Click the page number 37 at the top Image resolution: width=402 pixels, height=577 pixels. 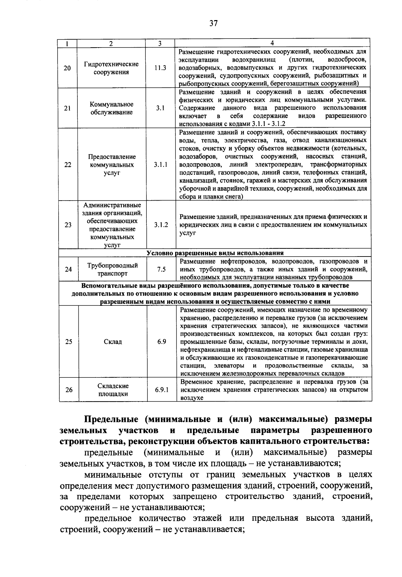pos(213,23)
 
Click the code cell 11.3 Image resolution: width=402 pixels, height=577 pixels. pos(160,68)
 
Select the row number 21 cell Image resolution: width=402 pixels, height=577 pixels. pos(67,108)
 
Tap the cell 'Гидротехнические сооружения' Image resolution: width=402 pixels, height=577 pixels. pos(111,68)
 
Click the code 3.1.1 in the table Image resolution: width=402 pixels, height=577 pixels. pos(161,165)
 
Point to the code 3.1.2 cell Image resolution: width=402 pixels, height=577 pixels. pos(161,225)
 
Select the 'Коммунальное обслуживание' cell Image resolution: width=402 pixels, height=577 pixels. pos(112,108)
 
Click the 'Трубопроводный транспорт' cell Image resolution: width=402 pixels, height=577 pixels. pos(112,270)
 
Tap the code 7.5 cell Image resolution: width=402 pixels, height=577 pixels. pos(161,269)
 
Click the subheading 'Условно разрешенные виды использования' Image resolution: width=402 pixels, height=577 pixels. pos(215,253)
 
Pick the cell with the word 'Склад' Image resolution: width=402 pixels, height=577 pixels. pos(113,342)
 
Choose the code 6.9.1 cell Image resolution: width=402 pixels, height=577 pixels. pos(162,390)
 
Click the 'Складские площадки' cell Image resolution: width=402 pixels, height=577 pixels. pos(113,390)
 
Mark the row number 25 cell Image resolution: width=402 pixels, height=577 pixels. pos(68,342)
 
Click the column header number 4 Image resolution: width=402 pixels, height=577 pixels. pos(272,43)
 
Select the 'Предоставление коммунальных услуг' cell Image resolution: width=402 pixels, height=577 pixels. pos(112,165)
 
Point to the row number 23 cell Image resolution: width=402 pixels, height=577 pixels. pos(68,225)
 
